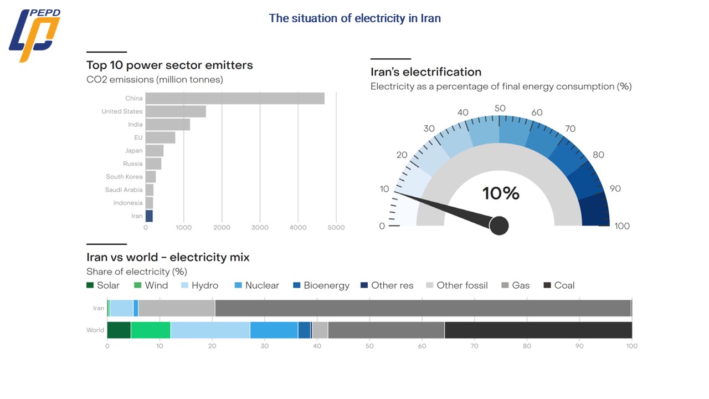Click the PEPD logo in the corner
click(x=35, y=34)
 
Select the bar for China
click(x=235, y=99)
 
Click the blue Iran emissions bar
click(x=149, y=216)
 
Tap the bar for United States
click(x=176, y=111)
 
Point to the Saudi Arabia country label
click(x=124, y=190)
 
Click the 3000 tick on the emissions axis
click(x=260, y=228)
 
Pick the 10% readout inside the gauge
click(x=501, y=193)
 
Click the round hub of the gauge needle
click(x=499, y=226)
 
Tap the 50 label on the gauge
click(x=500, y=108)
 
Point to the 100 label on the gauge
click(x=622, y=226)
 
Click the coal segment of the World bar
click(x=538, y=330)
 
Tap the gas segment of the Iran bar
click(x=423, y=308)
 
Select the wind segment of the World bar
click(x=151, y=330)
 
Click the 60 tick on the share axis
click(x=422, y=346)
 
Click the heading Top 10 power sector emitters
click(x=169, y=65)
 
